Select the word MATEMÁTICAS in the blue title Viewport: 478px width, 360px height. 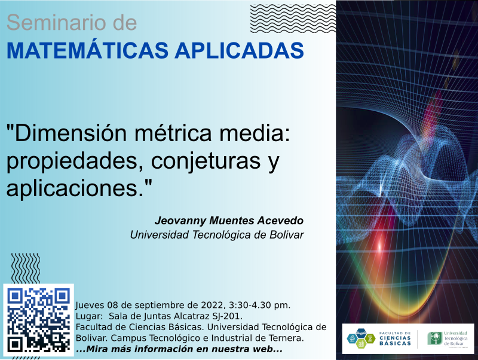pos(87,50)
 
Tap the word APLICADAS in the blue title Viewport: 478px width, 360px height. pos(240,50)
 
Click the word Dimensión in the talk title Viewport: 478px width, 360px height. pos(71,133)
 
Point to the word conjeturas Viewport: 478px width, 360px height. pos(206,161)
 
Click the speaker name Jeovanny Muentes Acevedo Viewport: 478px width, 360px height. pos(229,221)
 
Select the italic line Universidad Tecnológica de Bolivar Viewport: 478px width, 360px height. pos(217,235)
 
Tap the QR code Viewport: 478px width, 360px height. pos(38,320)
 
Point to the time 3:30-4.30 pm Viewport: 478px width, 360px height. pos(259,305)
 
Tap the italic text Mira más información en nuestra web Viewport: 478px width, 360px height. pos(179,349)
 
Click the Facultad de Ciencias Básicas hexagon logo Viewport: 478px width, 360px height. pos(361,338)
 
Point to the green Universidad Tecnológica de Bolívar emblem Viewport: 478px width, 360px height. pos(435,338)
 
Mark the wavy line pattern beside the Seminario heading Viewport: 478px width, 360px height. pos(293,19)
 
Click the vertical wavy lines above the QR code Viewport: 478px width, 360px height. pos(26,268)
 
